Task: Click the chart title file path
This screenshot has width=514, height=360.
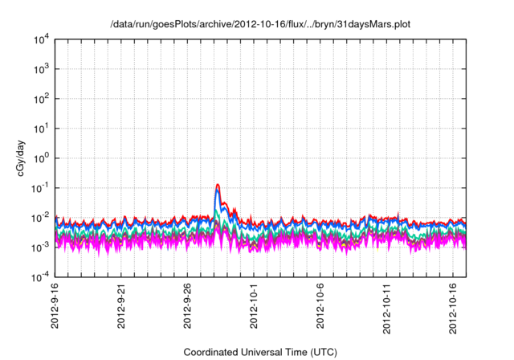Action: pyautogui.click(x=260, y=25)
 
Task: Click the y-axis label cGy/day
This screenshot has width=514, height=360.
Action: pyautogui.click(x=14, y=157)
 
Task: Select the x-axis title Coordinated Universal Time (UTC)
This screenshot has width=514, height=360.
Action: pyautogui.click(x=259, y=352)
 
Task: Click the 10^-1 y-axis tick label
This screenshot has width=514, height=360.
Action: pyautogui.click(x=38, y=188)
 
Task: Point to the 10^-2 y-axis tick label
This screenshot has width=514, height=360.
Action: pyautogui.click(x=38, y=218)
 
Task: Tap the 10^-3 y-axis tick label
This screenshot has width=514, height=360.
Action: pyautogui.click(x=38, y=247)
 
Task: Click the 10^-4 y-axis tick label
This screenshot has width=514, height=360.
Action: pyautogui.click(x=38, y=277)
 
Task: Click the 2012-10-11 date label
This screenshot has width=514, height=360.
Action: pyautogui.click(x=388, y=309)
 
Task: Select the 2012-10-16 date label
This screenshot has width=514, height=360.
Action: pyautogui.click(x=455, y=309)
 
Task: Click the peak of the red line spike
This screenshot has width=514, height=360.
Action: pyautogui.click(x=218, y=185)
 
